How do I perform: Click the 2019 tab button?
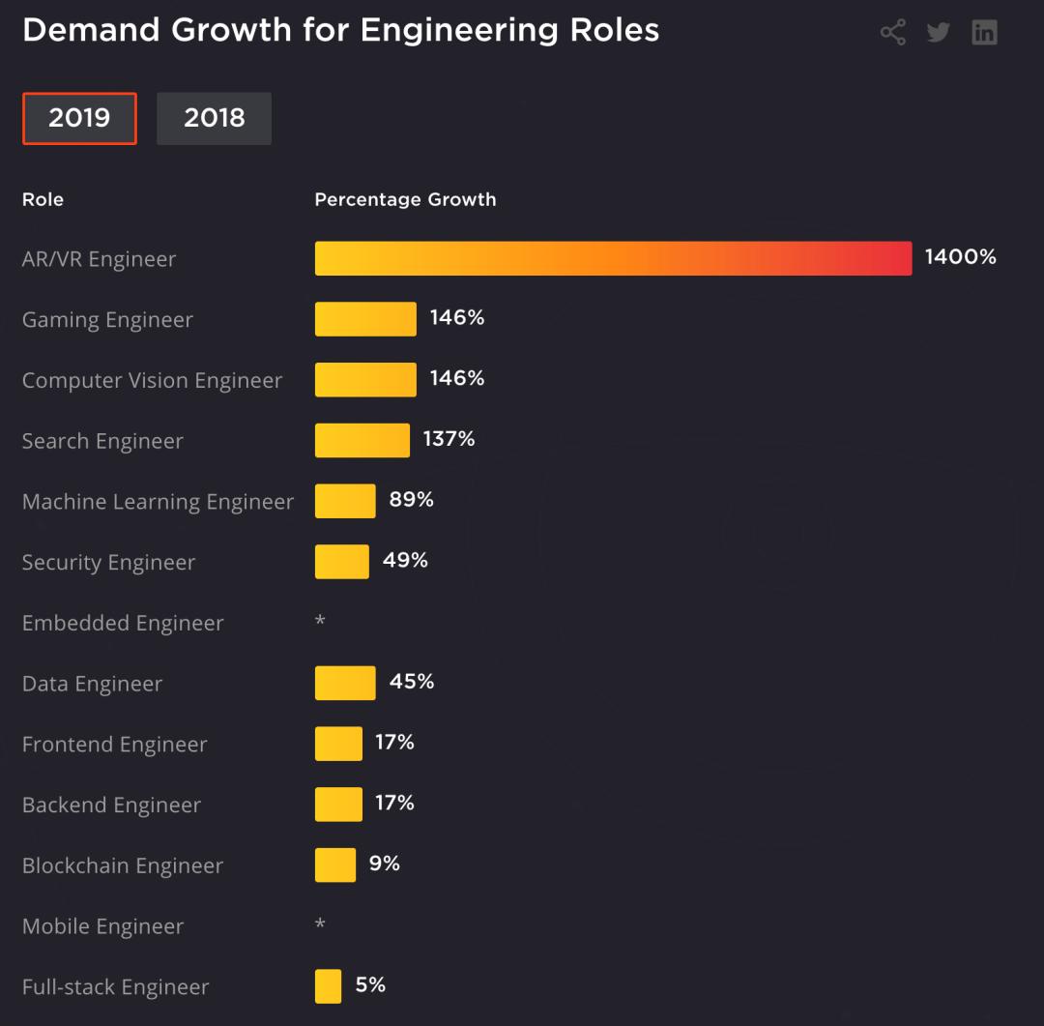point(79,118)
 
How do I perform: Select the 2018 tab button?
point(214,118)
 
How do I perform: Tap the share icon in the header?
point(892,32)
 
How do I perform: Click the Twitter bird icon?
point(938,32)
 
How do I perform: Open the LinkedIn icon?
point(984,32)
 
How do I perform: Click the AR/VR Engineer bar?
point(613,258)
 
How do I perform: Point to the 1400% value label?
point(960,257)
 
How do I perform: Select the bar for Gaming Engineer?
point(365,319)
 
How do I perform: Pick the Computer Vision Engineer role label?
point(152,380)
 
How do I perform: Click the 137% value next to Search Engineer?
point(449,439)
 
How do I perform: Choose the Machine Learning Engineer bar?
point(345,501)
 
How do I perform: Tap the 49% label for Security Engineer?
point(405,560)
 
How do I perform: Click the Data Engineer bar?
point(345,683)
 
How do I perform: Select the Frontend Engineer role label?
point(114,745)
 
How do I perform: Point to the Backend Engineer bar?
point(338,804)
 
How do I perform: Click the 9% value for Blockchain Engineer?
point(385,863)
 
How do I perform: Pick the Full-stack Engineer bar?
point(328,986)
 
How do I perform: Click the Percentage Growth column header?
point(405,199)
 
